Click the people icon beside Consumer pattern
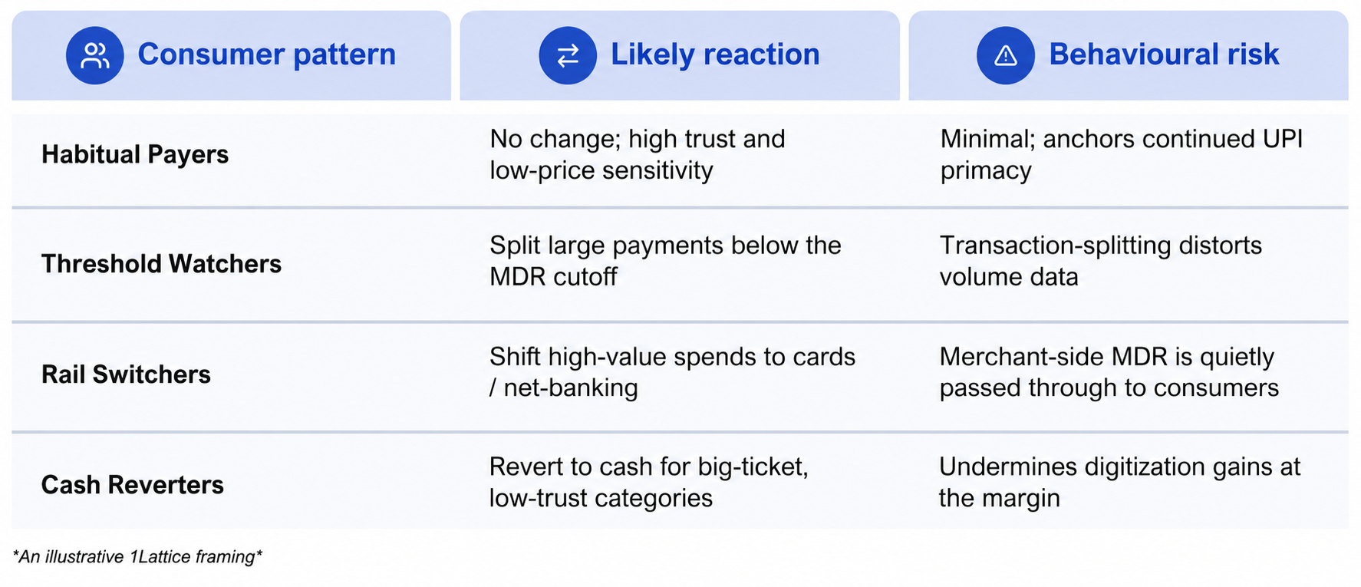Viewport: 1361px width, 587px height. click(x=94, y=55)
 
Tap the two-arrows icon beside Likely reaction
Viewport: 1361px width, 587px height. click(x=568, y=55)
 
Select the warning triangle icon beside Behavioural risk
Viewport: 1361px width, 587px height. click(x=1005, y=55)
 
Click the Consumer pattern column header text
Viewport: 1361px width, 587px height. click(x=267, y=54)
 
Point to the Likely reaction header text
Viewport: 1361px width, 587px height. click(x=715, y=54)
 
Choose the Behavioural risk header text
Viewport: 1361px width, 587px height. click(x=1164, y=54)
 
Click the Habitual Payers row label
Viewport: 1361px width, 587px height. click(x=135, y=154)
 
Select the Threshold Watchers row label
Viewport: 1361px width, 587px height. click(x=161, y=264)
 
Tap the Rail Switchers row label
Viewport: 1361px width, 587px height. click(x=126, y=374)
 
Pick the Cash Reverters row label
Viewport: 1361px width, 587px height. click(x=133, y=485)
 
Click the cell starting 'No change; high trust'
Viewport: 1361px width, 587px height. click(x=638, y=154)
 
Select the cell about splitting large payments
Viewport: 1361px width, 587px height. click(x=665, y=261)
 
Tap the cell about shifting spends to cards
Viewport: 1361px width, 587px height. click(x=672, y=372)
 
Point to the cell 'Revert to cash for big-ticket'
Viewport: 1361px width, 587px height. click(x=649, y=482)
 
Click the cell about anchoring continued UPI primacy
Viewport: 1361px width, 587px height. click(x=1122, y=154)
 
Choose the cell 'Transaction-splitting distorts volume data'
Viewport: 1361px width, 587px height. click(x=1101, y=261)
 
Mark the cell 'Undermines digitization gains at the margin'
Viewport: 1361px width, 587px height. click(x=1120, y=482)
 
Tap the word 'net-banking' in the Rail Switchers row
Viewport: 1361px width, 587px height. click(x=571, y=387)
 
